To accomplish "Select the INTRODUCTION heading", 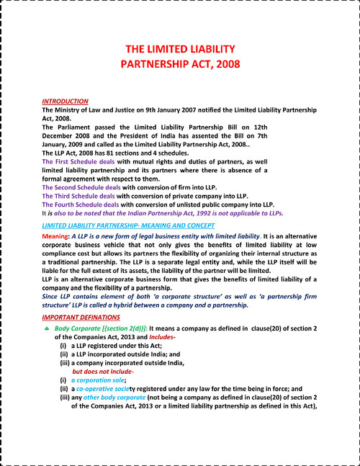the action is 66,102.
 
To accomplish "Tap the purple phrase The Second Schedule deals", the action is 83,187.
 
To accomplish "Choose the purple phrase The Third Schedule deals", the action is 79,196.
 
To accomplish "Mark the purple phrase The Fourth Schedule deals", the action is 81,205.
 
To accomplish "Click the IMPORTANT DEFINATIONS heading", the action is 80,318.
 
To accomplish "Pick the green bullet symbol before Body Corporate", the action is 47,328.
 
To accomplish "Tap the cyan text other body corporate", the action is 114,397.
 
